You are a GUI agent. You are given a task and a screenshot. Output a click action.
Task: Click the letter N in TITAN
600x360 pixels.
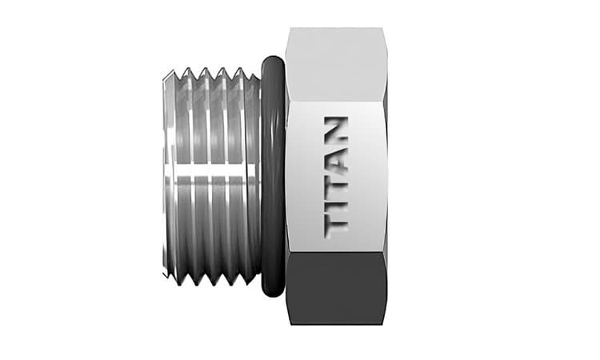click(x=336, y=130)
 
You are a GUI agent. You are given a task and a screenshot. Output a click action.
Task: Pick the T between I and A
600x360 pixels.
click(x=336, y=182)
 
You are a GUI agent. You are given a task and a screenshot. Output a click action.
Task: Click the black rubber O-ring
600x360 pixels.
click(x=272, y=176)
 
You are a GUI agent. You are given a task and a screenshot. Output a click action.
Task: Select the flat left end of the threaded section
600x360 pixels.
click(x=165, y=176)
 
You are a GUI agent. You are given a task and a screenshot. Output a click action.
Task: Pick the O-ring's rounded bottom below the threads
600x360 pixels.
click(x=272, y=293)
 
